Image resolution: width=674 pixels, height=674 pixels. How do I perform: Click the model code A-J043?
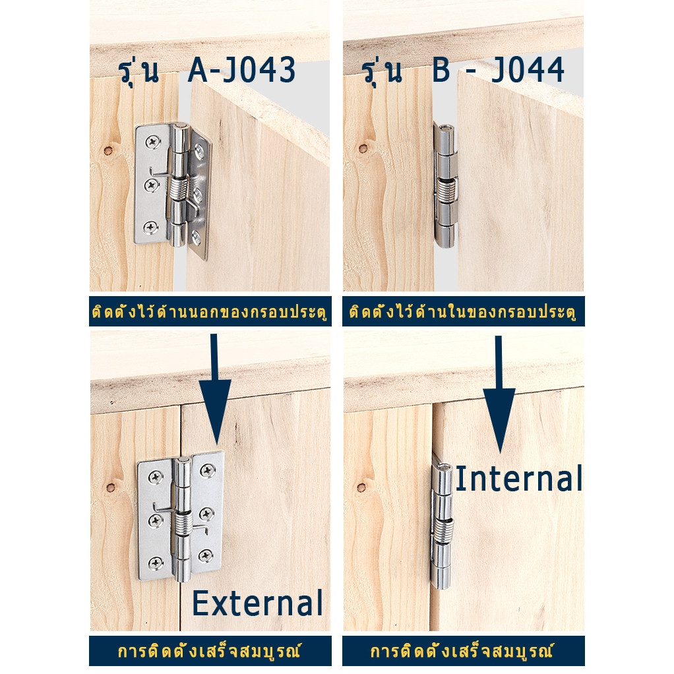coord(241,70)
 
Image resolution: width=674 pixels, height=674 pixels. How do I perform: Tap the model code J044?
coord(528,70)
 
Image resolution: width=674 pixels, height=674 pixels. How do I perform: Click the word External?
coord(257,603)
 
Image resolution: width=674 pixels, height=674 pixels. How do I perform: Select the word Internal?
coord(518,478)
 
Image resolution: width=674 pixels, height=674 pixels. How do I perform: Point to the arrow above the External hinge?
coord(214,389)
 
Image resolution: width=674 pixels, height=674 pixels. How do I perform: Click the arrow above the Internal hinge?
coord(499,394)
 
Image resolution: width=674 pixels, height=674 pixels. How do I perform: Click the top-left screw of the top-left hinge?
coord(152,141)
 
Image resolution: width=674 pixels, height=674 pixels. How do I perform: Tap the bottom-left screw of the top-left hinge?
coord(150,227)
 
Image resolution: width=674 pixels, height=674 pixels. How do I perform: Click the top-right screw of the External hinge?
coord(208,470)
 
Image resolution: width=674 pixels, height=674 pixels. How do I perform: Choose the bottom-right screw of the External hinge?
coord(206,555)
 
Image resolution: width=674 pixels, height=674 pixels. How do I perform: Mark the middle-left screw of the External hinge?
coord(155,520)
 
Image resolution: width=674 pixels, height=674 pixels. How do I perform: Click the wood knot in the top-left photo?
coord(108,151)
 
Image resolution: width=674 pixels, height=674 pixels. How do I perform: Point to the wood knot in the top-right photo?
coord(363,149)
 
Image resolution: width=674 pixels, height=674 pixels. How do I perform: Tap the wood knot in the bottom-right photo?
coord(361,487)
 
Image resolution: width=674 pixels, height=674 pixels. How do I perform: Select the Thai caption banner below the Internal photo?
coord(464,650)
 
